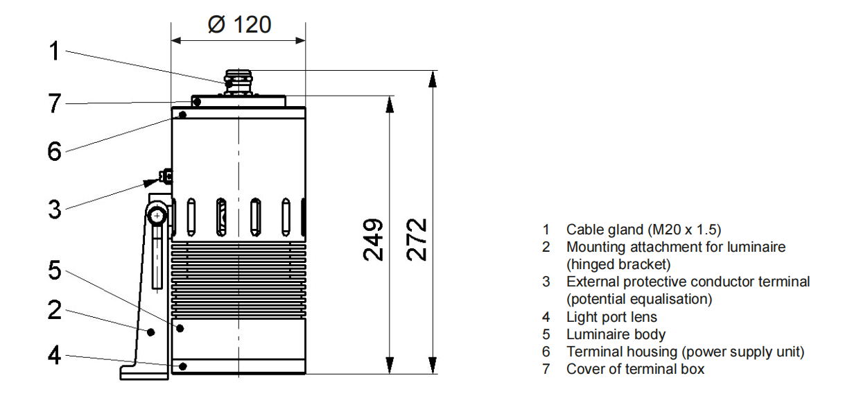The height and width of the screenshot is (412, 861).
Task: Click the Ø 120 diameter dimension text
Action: click(239, 24)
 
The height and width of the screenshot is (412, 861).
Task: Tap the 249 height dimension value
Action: click(373, 240)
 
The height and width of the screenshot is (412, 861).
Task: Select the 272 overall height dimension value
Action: click(417, 240)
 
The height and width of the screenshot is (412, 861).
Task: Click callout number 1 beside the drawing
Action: click(55, 51)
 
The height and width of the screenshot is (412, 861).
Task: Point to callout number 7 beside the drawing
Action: click(55, 103)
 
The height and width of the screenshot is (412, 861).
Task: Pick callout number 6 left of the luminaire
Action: click(55, 151)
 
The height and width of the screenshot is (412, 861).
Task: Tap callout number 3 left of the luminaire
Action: click(55, 209)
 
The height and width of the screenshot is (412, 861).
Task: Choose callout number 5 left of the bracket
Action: click(55, 270)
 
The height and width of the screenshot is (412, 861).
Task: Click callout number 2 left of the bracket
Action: click(55, 310)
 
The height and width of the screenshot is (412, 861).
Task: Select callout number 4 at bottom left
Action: click(55, 355)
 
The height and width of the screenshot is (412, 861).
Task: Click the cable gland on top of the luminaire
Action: click(238, 83)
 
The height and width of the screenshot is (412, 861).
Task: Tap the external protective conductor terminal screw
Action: click(166, 177)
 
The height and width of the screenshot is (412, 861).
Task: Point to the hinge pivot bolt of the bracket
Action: click(157, 216)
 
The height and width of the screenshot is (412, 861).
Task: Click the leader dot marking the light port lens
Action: click(183, 366)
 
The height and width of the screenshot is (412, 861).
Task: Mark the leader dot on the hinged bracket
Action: click(151, 332)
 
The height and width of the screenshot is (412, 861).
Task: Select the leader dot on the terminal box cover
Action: click(197, 102)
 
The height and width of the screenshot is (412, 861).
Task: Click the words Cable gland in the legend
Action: click(605, 230)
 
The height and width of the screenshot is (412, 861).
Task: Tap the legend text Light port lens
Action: click(611, 317)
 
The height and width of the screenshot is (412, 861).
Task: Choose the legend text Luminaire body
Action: click(616, 334)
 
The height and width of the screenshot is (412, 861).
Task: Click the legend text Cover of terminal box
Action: click(635, 369)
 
